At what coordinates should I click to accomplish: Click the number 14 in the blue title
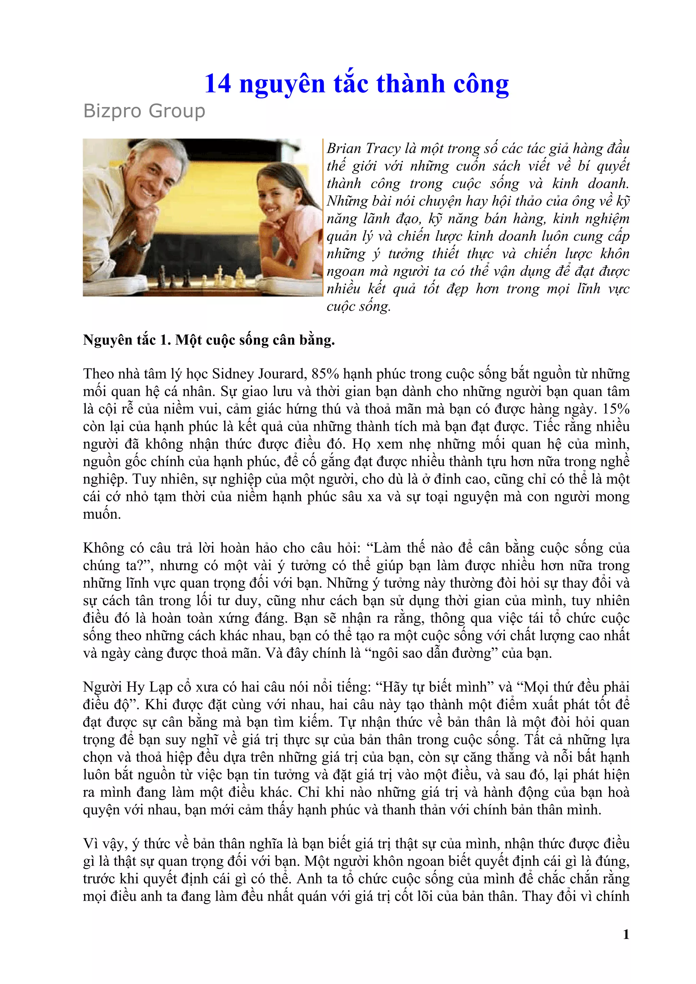click(218, 84)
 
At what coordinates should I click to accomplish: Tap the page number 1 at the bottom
click(626, 934)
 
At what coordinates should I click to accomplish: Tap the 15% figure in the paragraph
click(616, 409)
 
